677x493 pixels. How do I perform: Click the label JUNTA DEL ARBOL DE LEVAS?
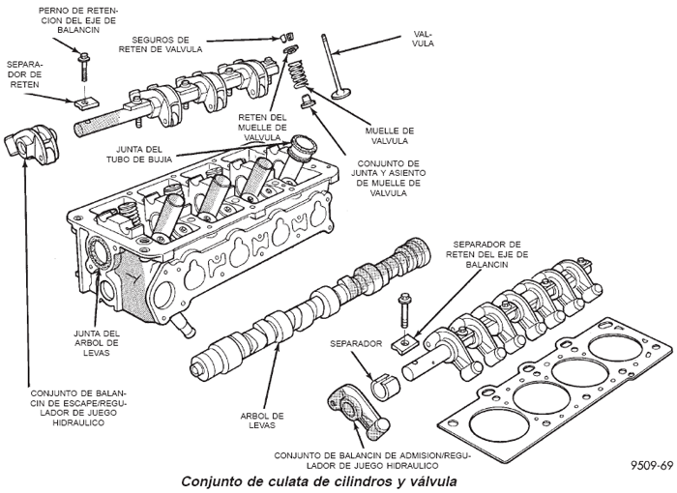[97, 342]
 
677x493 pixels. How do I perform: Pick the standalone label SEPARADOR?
[354, 343]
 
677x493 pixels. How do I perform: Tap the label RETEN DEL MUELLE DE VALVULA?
[263, 126]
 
